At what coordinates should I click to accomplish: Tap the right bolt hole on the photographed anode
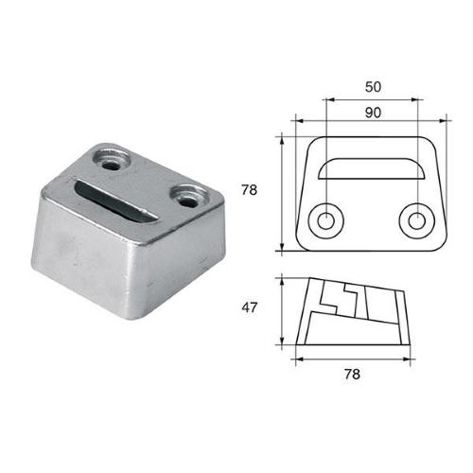click(186, 197)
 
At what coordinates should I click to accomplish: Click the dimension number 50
click(372, 86)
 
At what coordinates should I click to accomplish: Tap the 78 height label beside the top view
click(249, 190)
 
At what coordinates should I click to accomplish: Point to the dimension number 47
click(249, 307)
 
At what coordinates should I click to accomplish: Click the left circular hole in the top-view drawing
click(326, 220)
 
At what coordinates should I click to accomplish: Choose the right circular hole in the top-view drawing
click(415, 220)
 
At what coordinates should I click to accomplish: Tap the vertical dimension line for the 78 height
click(282, 193)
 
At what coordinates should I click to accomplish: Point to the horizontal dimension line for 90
click(372, 120)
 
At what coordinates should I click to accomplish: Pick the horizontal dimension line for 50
click(372, 97)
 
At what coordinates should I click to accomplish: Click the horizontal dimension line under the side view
click(352, 358)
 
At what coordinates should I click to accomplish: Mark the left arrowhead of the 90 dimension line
click(302, 120)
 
